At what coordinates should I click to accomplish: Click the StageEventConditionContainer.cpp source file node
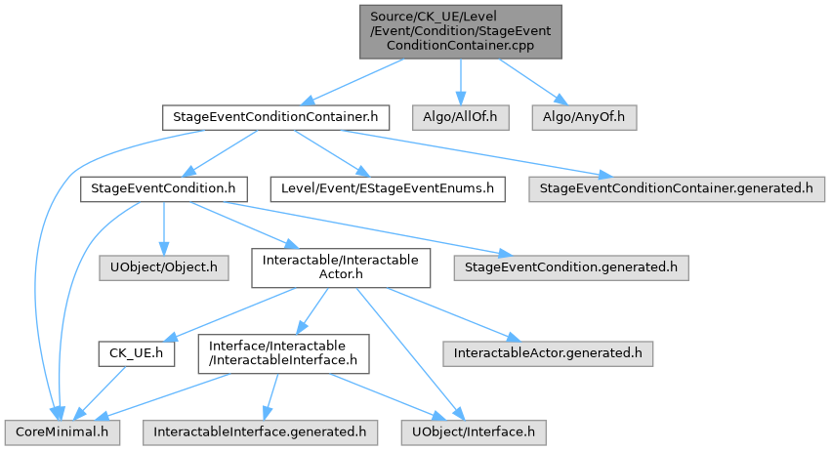[461, 32]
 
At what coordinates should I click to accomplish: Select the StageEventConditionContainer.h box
[275, 117]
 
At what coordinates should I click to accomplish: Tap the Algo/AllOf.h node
[461, 117]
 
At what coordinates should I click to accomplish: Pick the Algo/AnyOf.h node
[584, 117]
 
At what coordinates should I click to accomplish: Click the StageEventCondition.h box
[164, 189]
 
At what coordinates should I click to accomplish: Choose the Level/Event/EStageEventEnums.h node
[388, 189]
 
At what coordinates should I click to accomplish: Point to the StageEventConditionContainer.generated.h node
[677, 189]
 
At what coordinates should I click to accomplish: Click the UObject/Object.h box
[164, 267]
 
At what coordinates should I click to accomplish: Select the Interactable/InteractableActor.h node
[341, 267]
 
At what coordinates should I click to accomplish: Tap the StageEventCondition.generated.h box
[571, 267]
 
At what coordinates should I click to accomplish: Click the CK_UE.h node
[136, 353]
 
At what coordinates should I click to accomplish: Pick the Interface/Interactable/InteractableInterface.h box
[284, 353]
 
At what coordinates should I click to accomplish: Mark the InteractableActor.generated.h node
[548, 353]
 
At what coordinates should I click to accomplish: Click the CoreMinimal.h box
[62, 432]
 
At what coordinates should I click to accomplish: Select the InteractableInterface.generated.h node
[260, 432]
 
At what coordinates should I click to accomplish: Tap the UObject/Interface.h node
[474, 432]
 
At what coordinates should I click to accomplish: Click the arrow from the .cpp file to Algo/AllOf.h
[461, 82]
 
